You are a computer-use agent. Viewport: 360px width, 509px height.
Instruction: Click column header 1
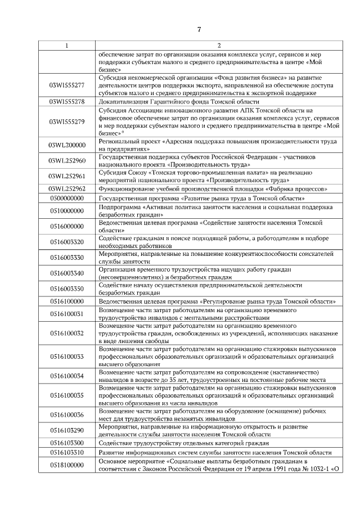(67, 45)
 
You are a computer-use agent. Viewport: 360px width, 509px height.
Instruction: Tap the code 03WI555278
(67, 101)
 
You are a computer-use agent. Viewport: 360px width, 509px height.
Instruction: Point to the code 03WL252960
(67, 160)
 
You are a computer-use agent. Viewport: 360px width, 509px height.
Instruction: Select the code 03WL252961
(67, 176)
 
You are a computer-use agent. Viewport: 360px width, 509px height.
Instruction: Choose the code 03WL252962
(67, 188)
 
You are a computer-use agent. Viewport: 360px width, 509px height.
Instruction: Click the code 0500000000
(67, 199)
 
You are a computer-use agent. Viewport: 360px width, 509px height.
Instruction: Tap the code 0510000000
(67, 211)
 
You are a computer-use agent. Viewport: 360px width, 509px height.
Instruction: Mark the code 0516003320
(67, 242)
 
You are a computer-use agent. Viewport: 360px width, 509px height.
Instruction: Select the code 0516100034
(67, 376)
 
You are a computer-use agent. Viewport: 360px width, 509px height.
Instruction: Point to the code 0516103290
(67, 430)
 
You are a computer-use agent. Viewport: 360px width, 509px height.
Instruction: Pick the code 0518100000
(67, 465)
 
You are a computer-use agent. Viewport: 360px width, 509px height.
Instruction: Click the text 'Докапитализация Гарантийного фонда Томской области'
(179, 102)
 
